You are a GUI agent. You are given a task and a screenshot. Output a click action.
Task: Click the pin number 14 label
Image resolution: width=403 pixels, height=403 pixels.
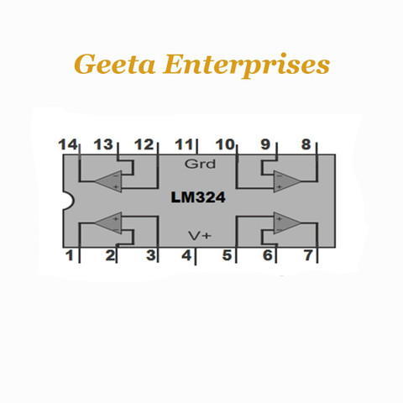tap(67, 144)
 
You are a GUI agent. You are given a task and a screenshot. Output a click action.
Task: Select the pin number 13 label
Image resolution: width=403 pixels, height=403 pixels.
tap(103, 144)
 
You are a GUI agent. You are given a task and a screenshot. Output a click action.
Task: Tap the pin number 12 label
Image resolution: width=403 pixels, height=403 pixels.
tap(144, 144)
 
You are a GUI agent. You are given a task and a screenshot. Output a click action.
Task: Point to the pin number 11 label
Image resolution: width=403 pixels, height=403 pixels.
tap(184, 144)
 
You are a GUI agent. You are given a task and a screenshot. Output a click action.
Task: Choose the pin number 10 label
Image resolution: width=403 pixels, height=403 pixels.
tap(225, 144)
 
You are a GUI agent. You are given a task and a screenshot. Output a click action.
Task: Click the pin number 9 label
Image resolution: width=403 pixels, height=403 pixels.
tap(265, 144)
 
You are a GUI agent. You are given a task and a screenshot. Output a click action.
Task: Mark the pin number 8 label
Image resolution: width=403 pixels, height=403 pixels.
tap(306, 144)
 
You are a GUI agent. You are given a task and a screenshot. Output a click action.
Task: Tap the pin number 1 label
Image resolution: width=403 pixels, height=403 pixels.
tap(69, 255)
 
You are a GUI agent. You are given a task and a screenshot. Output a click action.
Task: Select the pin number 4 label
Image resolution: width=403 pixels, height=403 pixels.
tap(186, 255)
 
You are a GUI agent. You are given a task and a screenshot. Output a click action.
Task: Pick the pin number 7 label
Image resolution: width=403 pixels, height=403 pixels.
tap(308, 255)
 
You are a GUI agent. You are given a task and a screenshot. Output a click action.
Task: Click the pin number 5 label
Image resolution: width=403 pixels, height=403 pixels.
tap(227, 255)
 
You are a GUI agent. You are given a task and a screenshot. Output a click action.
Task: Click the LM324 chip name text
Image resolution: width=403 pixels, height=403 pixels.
tap(198, 197)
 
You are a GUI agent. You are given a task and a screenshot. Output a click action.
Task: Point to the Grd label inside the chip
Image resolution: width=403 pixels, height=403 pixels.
tap(200, 164)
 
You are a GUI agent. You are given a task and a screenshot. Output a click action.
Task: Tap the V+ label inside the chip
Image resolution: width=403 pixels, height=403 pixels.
tap(200, 236)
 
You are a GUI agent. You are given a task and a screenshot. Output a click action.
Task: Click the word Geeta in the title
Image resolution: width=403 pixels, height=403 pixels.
tap(115, 65)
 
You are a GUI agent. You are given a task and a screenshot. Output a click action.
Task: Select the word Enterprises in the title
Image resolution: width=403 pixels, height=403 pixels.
tap(246, 65)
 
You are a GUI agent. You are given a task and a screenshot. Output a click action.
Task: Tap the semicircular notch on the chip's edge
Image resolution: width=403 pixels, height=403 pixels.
tap(69, 200)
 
